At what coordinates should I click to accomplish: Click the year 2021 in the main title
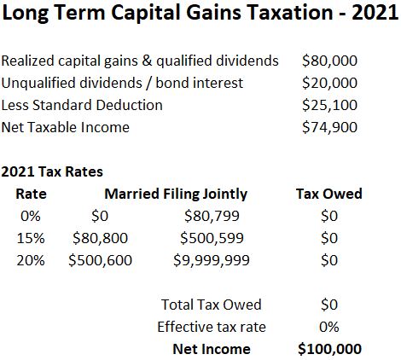tap(375, 13)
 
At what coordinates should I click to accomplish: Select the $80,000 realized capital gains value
tap(329, 61)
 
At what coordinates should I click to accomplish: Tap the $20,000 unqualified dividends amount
tap(329, 83)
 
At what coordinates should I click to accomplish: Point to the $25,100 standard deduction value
tap(329, 105)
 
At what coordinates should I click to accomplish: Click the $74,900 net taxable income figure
tap(329, 127)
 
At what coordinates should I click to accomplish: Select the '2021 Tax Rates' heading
tap(52, 171)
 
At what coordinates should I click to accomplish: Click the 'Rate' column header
tap(31, 194)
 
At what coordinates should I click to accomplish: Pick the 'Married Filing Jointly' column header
tap(176, 195)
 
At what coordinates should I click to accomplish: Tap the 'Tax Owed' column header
tap(329, 194)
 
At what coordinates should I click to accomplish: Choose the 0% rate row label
tap(31, 216)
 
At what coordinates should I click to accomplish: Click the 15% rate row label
tap(31, 238)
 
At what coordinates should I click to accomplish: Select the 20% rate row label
tap(31, 260)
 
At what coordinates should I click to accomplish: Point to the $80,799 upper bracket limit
tap(212, 216)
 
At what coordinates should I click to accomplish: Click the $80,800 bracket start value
tap(100, 238)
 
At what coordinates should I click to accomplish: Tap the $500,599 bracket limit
tap(212, 238)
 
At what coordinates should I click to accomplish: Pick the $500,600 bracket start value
tap(100, 260)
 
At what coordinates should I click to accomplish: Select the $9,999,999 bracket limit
tap(212, 260)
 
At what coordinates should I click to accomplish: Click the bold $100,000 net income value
tap(329, 349)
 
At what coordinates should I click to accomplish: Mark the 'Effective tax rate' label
tap(212, 327)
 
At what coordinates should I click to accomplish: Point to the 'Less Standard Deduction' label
tap(82, 105)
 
